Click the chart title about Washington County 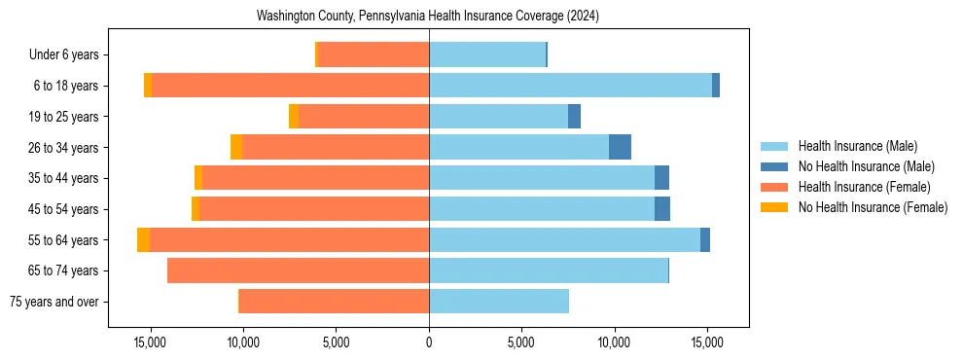pyautogui.click(x=428, y=17)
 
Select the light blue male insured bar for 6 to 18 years pyautogui.click(x=570, y=86)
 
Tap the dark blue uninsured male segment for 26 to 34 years pyautogui.click(x=620, y=147)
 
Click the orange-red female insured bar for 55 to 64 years pyautogui.click(x=289, y=239)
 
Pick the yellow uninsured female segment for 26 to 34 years pyautogui.click(x=236, y=147)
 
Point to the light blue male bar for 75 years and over pyautogui.click(x=499, y=302)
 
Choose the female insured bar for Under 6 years pyautogui.click(x=374, y=54)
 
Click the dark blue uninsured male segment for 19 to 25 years pyautogui.click(x=574, y=117)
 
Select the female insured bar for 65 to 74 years pyautogui.click(x=298, y=270)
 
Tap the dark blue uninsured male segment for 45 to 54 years pyautogui.click(x=662, y=208)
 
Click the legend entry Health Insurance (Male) pyautogui.click(x=857, y=146)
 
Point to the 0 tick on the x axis pyautogui.click(x=429, y=343)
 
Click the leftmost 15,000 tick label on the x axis pyautogui.click(x=151, y=343)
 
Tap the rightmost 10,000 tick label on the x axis pyautogui.click(x=614, y=343)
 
